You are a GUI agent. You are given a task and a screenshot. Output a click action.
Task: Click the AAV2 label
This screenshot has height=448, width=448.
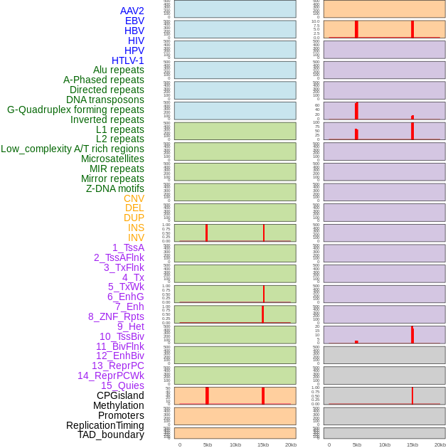(132, 11)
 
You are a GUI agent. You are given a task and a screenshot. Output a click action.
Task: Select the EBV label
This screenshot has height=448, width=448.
(134, 21)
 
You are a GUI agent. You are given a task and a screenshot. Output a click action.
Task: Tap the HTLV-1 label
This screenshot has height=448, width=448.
(127, 60)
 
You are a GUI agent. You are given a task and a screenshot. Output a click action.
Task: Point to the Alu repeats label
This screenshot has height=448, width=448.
(118, 70)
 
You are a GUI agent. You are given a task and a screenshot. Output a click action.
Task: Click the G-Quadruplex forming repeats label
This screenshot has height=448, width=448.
(75, 110)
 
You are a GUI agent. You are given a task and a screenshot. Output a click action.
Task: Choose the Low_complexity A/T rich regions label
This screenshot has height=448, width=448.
(72, 149)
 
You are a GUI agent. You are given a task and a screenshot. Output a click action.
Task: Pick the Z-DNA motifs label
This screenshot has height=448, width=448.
(114, 188)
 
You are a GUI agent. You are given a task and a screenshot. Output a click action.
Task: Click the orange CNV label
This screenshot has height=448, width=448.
(134, 198)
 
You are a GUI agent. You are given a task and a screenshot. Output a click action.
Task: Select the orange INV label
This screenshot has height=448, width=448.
(136, 238)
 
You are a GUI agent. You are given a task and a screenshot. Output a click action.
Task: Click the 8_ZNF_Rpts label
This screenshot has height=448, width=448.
(116, 316)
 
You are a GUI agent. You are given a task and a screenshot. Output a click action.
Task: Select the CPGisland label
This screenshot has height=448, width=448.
(120, 395)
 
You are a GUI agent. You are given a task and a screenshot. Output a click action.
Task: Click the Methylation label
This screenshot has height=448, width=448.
(118, 405)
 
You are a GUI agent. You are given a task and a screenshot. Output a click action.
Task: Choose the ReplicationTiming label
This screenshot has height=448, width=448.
(105, 425)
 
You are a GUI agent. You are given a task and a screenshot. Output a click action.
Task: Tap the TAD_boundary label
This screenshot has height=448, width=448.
(111, 434)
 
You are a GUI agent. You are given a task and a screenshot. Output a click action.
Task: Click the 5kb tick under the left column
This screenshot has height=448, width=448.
(208, 444)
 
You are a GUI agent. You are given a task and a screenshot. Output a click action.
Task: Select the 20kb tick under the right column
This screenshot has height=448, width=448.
(440, 444)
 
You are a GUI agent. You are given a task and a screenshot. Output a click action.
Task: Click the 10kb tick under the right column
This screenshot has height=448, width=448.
(385, 444)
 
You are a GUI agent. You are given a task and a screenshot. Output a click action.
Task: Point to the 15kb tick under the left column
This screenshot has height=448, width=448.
(262, 444)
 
